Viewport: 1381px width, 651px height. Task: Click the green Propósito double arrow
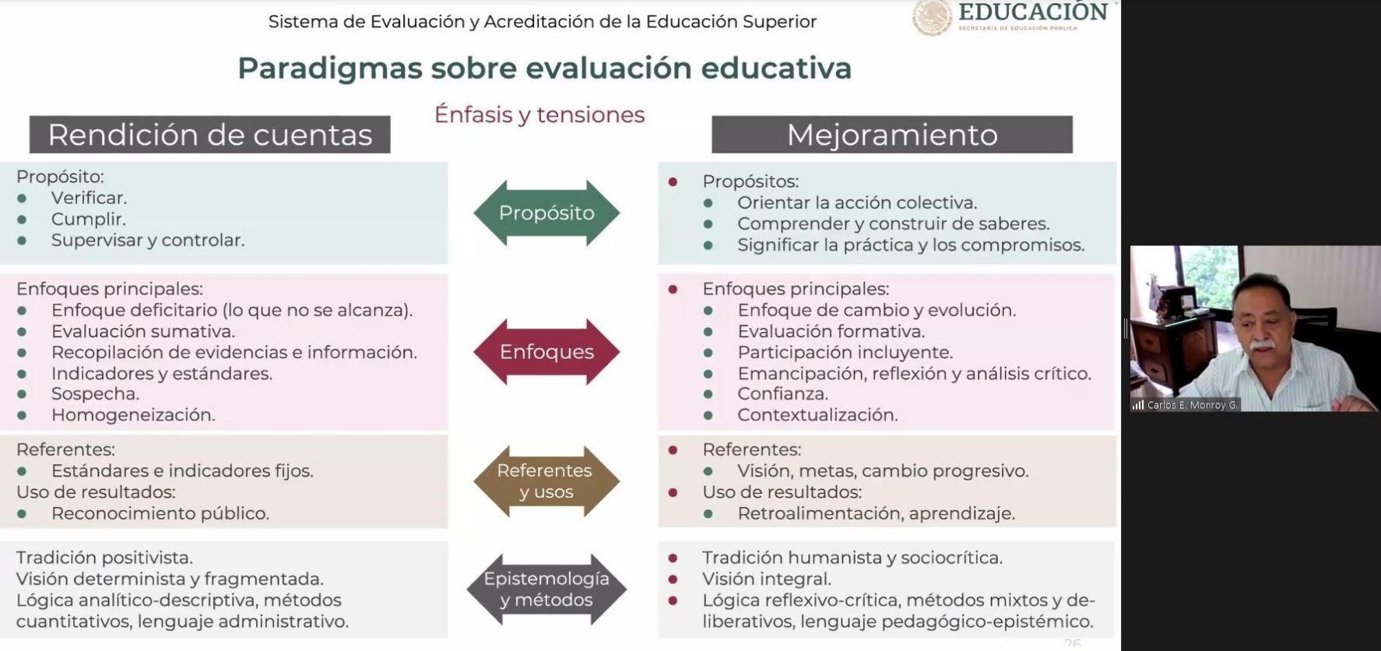tap(546, 213)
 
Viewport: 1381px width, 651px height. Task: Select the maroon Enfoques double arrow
tap(546, 352)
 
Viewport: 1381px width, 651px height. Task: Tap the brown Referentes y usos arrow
tap(546, 481)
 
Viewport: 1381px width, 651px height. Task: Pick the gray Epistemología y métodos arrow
tap(546, 589)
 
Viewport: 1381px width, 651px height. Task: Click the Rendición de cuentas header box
tap(210, 135)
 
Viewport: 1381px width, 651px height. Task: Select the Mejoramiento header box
tap(892, 135)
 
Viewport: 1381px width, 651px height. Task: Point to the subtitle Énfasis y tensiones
tap(539, 114)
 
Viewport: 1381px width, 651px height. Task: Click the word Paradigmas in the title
tap(329, 69)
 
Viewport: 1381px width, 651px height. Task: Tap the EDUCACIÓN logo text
tap(1033, 12)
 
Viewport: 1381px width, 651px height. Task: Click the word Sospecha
tap(95, 394)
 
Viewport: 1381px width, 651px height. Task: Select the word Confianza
tap(782, 394)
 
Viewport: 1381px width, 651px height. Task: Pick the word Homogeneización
tap(133, 415)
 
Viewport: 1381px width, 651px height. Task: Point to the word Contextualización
tap(817, 415)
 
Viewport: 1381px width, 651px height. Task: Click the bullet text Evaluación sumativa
tap(143, 331)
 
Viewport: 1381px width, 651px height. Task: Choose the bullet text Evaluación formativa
tap(831, 331)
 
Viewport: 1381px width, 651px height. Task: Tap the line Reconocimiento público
tap(160, 514)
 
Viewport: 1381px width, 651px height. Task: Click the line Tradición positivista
tap(104, 558)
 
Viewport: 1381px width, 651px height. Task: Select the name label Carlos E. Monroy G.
tap(1192, 405)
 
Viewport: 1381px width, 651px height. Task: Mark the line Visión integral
tap(767, 579)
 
